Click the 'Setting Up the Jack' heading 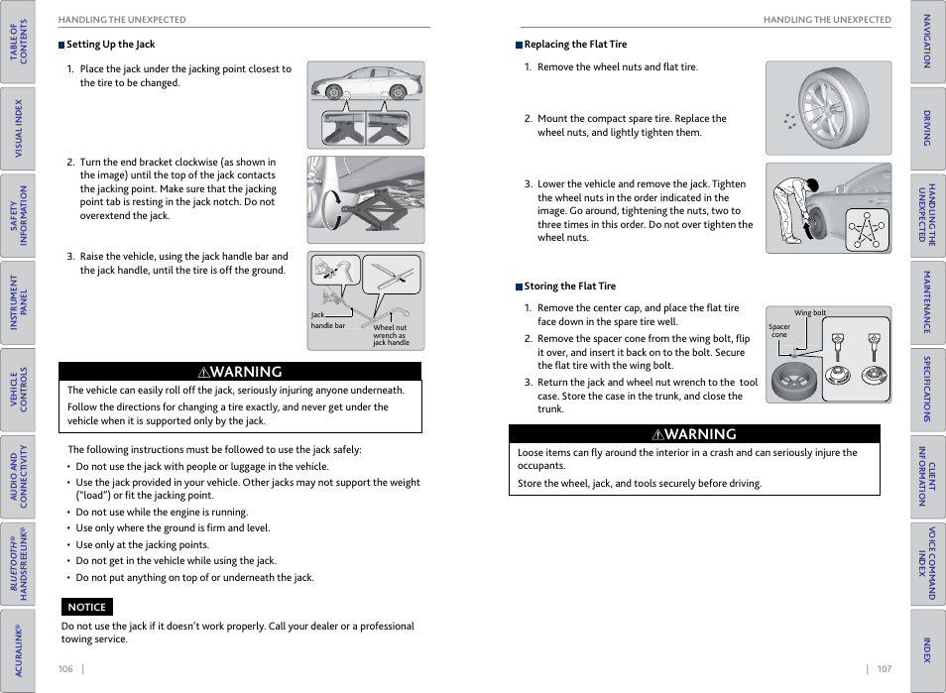pos(110,45)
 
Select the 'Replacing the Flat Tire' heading pos(575,45)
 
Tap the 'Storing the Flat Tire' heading pos(569,287)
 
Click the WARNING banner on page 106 pos(240,372)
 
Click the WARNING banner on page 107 pos(694,434)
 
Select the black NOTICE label pos(86,607)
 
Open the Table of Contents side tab pos(18,42)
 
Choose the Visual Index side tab pos(18,129)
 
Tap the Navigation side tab pos(927,42)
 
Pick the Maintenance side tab pos(927,302)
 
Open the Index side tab pos(927,649)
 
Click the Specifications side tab pos(927,390)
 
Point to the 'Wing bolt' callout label pos(810,312)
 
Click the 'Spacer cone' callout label pos(779,330)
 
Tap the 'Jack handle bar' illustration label pos(327,320)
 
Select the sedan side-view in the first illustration pos(366,83)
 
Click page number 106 pos(65,669)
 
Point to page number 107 pos(884,669)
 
